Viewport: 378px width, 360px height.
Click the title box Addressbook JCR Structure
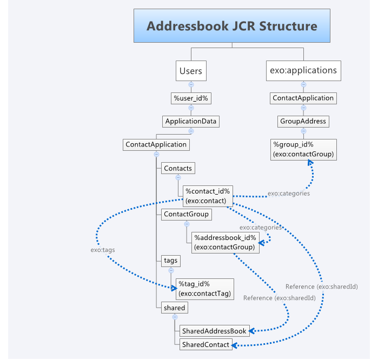[x=232, y=26]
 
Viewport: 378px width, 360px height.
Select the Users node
[x=190, y=70]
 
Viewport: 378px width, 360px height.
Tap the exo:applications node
[x=303, y=70]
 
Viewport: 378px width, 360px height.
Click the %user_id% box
[x=191, y=98]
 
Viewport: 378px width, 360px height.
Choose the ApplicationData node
[x=191, y=121]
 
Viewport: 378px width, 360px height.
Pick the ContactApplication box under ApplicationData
[x=156, y=144]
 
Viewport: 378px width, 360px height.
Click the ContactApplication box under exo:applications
[x=303, y=98]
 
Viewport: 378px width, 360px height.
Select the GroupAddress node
[x=303, y=121]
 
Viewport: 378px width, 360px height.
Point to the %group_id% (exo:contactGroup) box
[x=303, y=149]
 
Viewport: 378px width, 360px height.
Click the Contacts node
[x=177, y=168]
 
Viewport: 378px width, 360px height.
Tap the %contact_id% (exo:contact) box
[x=208, y=196]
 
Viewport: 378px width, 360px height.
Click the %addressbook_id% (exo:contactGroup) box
[x=226, y=242]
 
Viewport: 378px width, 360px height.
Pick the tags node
[x=170, y=261]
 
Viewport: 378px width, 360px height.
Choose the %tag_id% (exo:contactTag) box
[x=204, y=289]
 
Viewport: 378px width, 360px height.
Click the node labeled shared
[x=174, y=308]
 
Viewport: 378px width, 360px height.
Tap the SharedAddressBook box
[x=214, y=330]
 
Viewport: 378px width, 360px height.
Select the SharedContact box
[x=205, y=344]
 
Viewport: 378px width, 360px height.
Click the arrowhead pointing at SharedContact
[x=237, y=344]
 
